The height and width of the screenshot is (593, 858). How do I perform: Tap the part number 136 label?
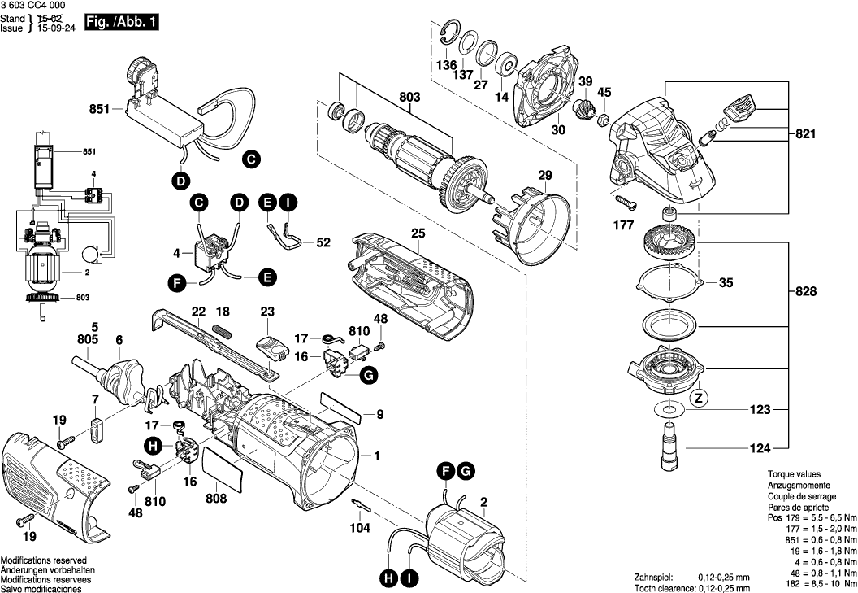tap(446, 64)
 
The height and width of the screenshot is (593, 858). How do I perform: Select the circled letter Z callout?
tap(697, 399)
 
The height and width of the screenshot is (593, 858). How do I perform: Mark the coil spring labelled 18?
tap(223, 332)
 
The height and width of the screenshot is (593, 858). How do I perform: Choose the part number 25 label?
tap(418, 233)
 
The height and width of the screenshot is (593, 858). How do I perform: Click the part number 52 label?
tap(323, 242)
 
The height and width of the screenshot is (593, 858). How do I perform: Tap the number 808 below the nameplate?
tap(216, 499)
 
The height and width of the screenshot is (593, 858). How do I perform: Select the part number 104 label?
tap(360, 528)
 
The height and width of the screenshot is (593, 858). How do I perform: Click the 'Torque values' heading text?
tap(794, 474)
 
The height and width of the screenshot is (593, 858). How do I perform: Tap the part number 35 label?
tap(725, 283)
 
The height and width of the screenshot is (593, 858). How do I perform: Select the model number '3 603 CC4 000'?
tap(35, 6)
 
